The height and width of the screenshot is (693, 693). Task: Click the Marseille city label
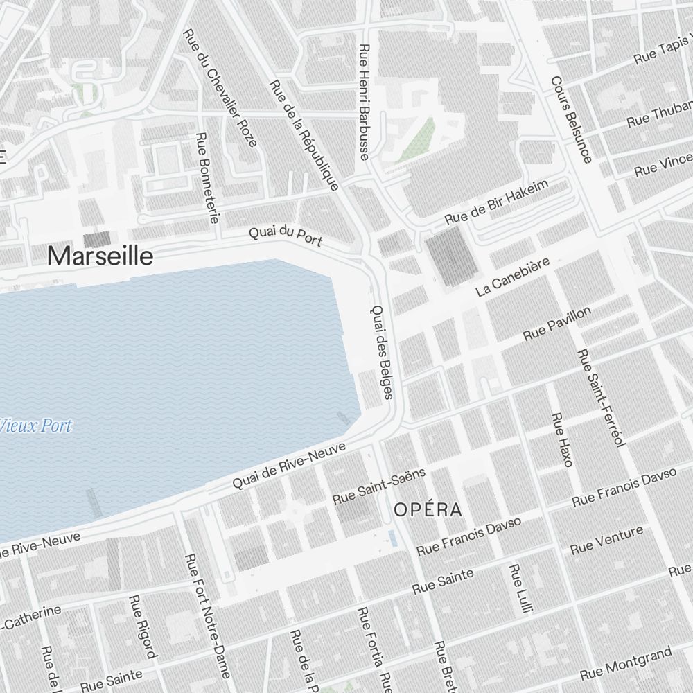pyautogui.click(x=100, y=257)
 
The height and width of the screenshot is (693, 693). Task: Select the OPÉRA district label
pyautogui.click(x=428, y=511)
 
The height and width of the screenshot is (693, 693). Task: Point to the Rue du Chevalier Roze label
pyautogui.click(x=220, y=88)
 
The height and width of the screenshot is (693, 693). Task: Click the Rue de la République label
pyautogui.click(x=304, y=136)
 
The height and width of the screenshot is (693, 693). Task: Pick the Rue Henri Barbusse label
pyautogui.click(x=365, y=102)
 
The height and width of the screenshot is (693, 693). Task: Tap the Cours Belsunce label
pyautogui.click(x=571, y=120)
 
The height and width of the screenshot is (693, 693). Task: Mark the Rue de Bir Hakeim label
pyautogui.click(x=496, y=202)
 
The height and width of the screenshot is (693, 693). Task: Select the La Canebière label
pyautogui.click(x=513, y=277)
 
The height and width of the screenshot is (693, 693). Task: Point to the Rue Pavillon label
pyautogui.click(x=557, y=324)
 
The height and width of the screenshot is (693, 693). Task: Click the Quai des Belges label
pyautogui.click(x=383, y=352)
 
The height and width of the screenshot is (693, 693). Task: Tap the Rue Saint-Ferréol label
pyautogui.click(x=602, y=397)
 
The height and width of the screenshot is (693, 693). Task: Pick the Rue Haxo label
pyautogui.click(x=561, y=439)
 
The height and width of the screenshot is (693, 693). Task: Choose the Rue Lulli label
pyautogui.click(x=519, y=588)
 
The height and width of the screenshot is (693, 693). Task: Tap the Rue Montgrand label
pyautogui.click(x=626, y=664)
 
